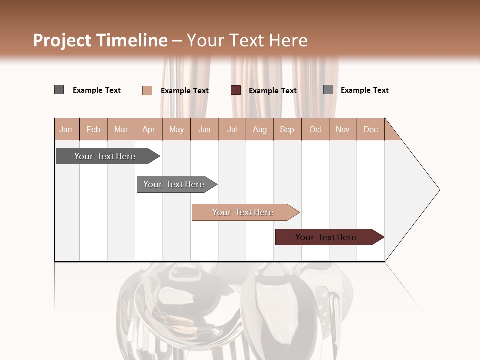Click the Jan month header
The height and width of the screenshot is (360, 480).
pos(66,130)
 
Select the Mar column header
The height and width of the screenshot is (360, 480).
pos(121,130)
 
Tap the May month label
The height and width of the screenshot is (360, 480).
pos(176,130)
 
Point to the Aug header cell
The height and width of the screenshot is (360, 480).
pos(259,130)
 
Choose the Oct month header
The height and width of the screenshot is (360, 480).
pos(315,130)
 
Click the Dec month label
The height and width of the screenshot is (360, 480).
pos(370,130)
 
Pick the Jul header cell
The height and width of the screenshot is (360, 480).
pos(232,130)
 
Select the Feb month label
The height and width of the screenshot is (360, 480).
pos(93,130)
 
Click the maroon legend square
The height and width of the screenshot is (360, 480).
pos(236,90)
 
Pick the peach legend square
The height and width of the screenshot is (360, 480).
pos(147,90)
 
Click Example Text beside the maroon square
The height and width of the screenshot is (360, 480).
pos(273,91)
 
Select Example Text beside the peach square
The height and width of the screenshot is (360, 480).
pos(185,91)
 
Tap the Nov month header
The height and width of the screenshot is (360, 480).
pos(343,130)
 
